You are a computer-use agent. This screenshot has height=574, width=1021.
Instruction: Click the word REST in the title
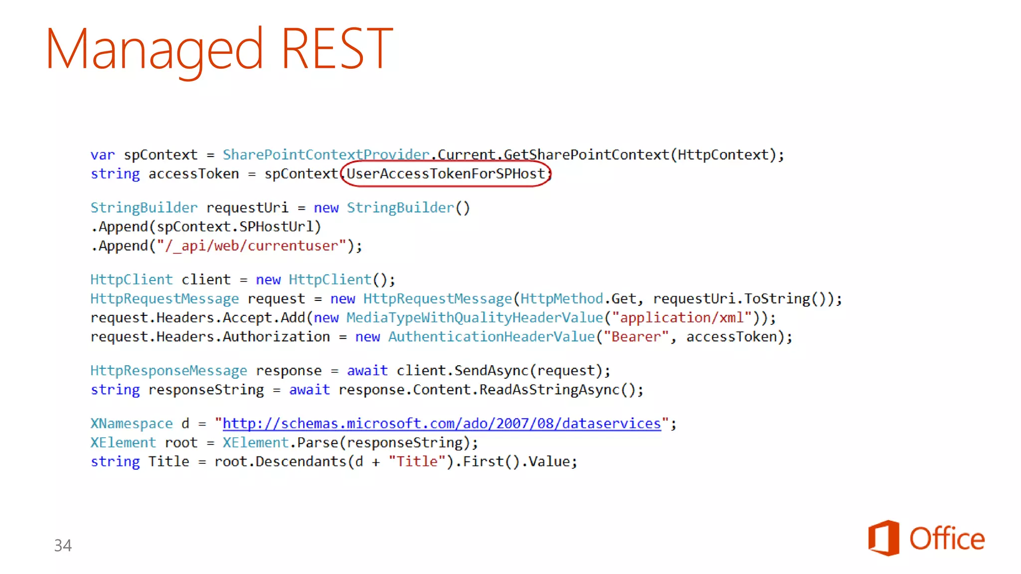[337, 48]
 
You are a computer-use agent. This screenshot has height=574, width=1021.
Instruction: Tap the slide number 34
[63, 545]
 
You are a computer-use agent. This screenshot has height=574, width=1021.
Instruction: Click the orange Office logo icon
[883, 538]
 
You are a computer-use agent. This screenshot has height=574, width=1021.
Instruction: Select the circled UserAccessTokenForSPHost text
[446, 174]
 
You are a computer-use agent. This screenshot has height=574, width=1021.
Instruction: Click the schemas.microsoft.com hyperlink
[441, 424]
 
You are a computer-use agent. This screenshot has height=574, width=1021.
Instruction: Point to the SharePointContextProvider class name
[326, 155]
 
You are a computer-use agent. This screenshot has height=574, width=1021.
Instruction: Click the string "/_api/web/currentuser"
[251, 246]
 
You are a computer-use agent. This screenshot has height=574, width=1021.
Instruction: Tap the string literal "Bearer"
[636, 337]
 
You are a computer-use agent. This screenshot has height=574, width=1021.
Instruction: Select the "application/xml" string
[682, 318]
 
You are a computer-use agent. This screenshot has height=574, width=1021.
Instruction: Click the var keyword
[102, 155]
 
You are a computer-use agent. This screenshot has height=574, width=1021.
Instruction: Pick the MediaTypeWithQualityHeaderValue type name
[475, 318]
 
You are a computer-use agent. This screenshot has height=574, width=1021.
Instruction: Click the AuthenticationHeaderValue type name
[492, 337]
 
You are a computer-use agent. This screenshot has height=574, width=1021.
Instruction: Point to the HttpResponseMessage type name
[169, 371]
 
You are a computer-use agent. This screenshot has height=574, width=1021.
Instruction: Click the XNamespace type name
[132, 424]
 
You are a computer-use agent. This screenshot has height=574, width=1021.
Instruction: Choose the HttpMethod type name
[562, 299]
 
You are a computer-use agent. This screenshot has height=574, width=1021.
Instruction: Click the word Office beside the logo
[947, 539]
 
